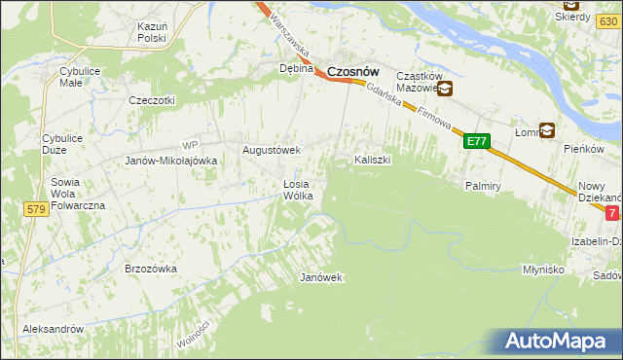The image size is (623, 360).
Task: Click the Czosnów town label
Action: [x=352, y=71]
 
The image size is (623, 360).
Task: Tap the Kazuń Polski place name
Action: [x=153, y=31]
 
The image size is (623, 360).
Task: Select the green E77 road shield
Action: [x=476, y=141]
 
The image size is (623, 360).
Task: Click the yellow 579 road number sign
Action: [x=37, y=209]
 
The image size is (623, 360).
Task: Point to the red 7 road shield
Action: [x=611, y=212]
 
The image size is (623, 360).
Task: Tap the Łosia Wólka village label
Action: [x=297, y=189]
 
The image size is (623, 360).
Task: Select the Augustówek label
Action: [x=272, y=151]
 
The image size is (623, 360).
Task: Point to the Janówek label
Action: [x=321, y=277]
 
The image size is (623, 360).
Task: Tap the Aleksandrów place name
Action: [x=54, y=329]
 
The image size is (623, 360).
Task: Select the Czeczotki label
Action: [x=152, y=100]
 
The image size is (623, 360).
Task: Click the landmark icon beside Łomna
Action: [x=547, y=129]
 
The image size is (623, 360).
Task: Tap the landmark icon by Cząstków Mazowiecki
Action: [x=445, y=90]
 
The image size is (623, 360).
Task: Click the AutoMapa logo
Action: [x=559, y=342]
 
